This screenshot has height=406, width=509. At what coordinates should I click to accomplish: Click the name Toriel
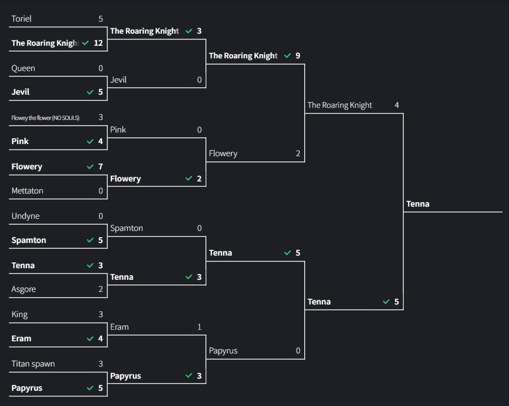point(22,19)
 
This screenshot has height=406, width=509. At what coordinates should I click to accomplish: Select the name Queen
point(23,68)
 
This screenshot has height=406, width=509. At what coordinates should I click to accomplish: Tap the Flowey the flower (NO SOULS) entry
point(45,118)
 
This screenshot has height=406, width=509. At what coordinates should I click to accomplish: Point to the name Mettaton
point(27,191)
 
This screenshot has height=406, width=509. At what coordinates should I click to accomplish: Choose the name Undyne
point(25,216)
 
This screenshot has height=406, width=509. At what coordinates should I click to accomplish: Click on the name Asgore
point(24,289)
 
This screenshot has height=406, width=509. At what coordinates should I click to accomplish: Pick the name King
point(19,314)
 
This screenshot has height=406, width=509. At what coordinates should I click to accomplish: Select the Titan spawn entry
point(33,364)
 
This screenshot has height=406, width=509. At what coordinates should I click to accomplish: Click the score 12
point(98,43)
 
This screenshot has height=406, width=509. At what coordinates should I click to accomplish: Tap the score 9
point(298,56)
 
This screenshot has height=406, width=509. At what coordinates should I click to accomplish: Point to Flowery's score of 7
point(101,167)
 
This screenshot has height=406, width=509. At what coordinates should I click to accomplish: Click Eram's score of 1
point(199,327)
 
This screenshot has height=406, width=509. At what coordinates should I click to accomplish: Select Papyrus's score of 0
point(298,351)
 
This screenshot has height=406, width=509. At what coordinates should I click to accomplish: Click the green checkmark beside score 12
point(85,43)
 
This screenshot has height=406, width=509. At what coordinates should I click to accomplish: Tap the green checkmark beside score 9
point(287,56)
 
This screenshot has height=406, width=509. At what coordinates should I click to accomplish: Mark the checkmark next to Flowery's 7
point(90,167)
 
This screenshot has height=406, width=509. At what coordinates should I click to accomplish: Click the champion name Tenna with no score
point(418,204)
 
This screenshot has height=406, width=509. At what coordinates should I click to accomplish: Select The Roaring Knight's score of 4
point(397,105)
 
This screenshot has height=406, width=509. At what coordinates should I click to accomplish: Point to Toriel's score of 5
point(101,19)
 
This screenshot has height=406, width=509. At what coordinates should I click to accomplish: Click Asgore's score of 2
point(101,289)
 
